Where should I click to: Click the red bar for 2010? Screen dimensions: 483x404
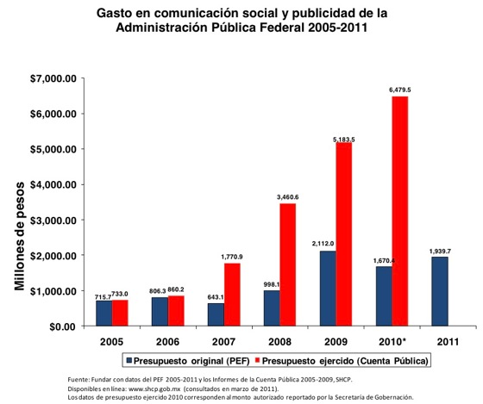point(400,211)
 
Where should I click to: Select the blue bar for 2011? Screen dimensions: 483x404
point(440,291)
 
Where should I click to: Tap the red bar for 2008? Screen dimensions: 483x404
point(288,264)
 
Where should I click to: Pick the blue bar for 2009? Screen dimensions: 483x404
point(328,289)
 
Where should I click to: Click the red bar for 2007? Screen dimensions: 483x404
point(232,295)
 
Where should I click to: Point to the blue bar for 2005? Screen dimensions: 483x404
point(104,314)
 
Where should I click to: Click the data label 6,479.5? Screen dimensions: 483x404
point(400,90)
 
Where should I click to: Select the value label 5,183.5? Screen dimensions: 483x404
point(344,140)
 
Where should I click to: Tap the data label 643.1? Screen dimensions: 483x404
point(216,297)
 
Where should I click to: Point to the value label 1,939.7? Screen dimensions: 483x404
point(440,252)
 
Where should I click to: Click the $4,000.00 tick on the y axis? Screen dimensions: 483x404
point(53,184)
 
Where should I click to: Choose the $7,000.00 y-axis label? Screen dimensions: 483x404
point(53,78)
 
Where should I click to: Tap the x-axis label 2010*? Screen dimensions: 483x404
point(392,341)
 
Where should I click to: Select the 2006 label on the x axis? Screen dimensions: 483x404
point(167,341)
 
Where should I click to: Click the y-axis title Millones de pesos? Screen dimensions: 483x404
point(19,236)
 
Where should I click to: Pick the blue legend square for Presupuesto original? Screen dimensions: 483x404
point(129,360)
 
